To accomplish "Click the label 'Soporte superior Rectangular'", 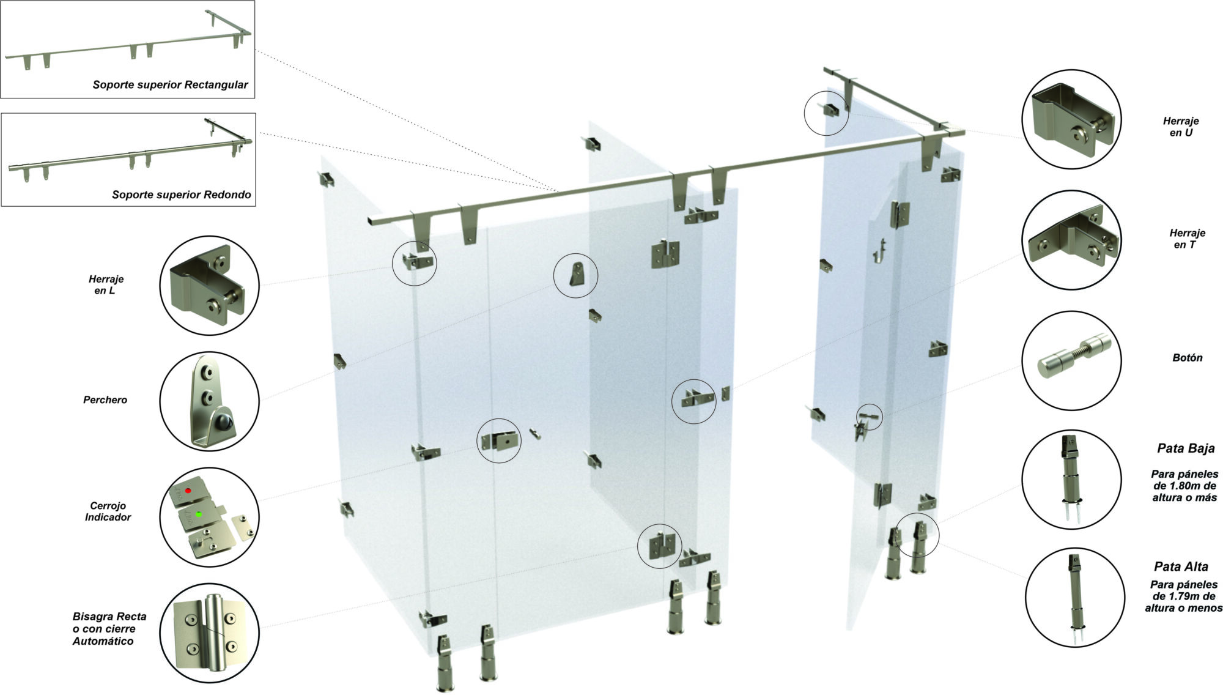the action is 170,84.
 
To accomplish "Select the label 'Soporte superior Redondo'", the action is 181,195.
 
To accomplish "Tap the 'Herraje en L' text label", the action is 106,284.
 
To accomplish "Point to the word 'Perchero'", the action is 105,399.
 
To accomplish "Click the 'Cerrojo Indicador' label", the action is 108,511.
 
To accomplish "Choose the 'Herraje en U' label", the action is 1181,127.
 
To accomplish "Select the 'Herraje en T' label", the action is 1187,239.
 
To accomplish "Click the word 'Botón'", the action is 1188,358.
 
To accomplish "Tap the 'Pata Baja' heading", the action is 1186,448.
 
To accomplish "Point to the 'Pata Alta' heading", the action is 1181,566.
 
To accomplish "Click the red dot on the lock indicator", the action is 188,491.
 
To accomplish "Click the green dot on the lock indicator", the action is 199,514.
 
